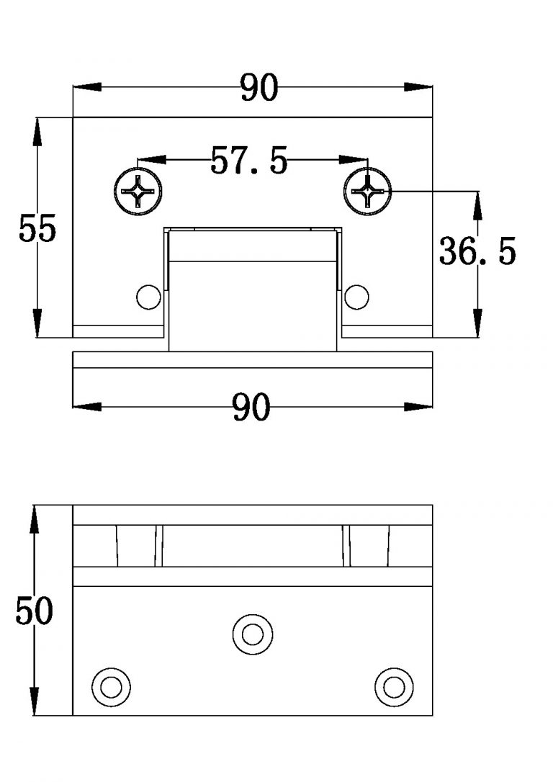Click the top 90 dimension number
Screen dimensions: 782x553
click(x=258, y=88)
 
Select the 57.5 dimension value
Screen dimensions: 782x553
click(x=248, y=161)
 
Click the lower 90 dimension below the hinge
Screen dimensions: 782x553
click(x=251, y=408)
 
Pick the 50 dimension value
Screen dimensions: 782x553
click(x=35, y=611)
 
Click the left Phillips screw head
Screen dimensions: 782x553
click(x=138, y=191)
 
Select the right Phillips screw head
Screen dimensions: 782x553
click(x=368, y=191)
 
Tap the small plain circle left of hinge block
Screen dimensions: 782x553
click(x=148, y=296)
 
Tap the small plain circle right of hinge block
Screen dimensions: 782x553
click(x=356, y=296)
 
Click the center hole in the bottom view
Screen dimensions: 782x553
click(x=253, y=634)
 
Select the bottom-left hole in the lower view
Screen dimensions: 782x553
click(x=111, y=686)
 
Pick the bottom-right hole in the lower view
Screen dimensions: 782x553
click(x=394, y=686)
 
